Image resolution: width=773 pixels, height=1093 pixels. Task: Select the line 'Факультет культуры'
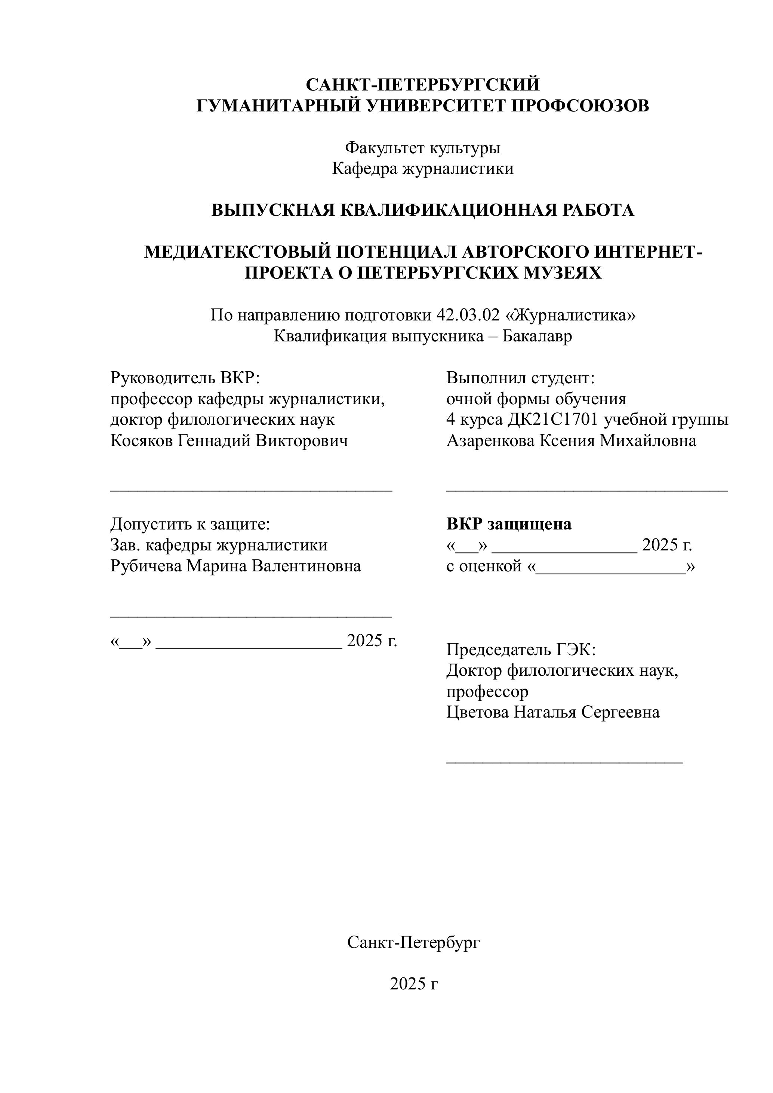pos(423,148)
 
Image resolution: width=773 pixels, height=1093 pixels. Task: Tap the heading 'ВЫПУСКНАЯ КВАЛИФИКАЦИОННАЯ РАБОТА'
pos(423,210)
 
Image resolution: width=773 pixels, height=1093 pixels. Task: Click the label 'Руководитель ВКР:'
pos(185,378)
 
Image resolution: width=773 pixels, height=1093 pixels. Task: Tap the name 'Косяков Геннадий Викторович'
pos(229,441)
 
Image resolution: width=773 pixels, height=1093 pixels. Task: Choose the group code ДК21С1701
pos(552,420)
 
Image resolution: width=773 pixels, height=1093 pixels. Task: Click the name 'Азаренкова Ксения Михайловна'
pos(571,441)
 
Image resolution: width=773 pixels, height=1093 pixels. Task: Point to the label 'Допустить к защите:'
pos(190,524)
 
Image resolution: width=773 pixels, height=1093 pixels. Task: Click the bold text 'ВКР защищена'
pos(509,524)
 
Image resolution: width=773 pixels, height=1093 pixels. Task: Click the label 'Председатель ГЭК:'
pos(521,649)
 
